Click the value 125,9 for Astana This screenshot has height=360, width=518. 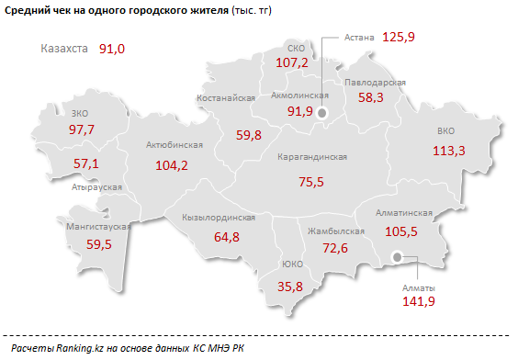click(400, 38)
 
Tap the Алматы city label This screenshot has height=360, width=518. click(418, 288)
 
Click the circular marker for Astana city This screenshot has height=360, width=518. click(322, 114)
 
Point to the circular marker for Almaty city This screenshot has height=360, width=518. click(397, 258)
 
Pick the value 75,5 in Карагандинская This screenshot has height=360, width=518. click(312, 182)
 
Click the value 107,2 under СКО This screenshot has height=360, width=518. click(292, 62)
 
